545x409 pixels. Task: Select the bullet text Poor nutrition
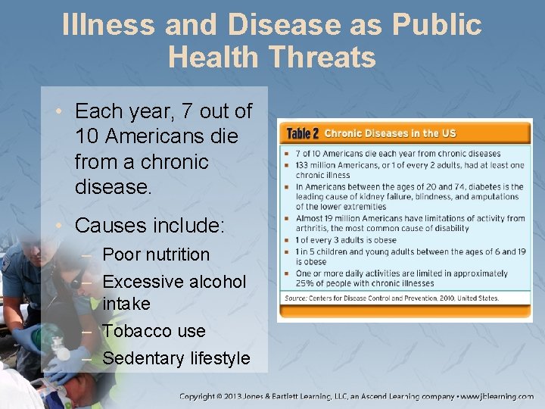click(156, 254)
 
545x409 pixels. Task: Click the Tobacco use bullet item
click(154, 331)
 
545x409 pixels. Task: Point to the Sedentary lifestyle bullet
click(176, 357)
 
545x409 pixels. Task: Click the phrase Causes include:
click(150, 226)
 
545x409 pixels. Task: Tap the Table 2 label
click(303, 134)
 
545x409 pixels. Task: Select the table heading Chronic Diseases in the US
click(390, 133)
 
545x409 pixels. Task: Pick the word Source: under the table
click(297, 298)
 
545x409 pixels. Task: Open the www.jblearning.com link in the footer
click(497, 396)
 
